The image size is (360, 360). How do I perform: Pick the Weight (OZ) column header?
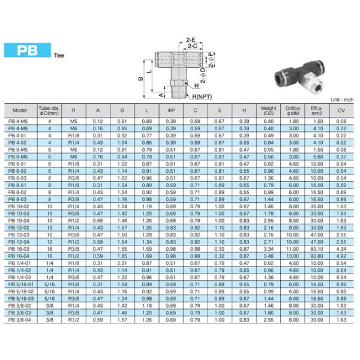(x=268, y=110)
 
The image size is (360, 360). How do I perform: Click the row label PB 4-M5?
(x=19, y=122)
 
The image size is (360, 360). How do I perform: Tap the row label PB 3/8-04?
(x=20, y=320)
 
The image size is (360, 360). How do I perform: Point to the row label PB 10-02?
(x=19, y=206)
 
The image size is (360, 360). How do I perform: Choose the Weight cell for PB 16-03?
(x=268, y=248)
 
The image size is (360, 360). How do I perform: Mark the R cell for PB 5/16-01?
(x=73, y=284)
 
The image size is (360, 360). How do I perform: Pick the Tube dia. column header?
(x=49, y=110)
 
